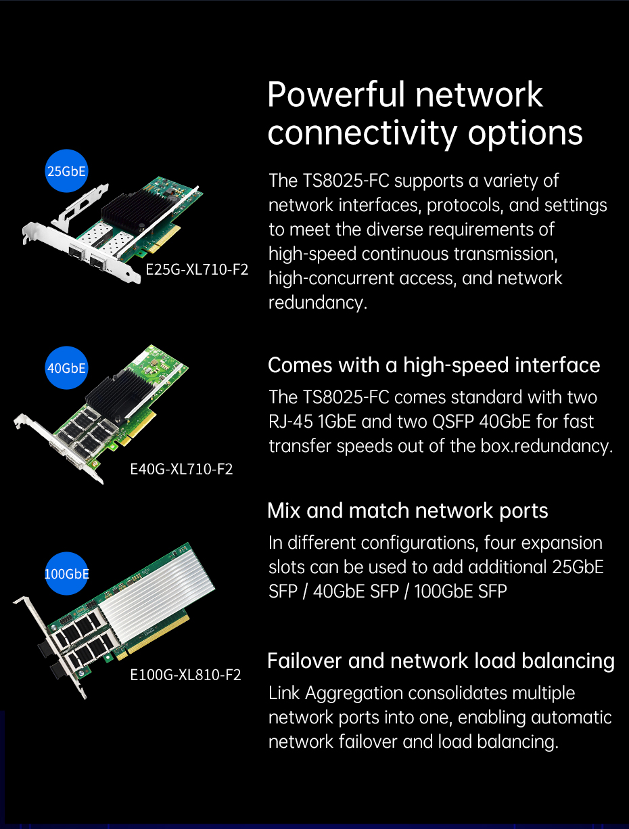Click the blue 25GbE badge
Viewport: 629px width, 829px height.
[66, 171]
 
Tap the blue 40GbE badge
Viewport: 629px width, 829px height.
[66, 367]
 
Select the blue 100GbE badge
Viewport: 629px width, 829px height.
[66, 573]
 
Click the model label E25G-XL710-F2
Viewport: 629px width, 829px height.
[197, 269]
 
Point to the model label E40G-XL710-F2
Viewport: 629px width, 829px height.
[181, 469]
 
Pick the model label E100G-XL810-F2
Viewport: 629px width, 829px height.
[185, 675]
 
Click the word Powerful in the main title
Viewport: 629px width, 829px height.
[336, 95]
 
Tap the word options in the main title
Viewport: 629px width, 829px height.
[526, 134]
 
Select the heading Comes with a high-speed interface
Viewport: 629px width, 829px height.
[434, 365]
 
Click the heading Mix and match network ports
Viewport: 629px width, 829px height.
[408, 511]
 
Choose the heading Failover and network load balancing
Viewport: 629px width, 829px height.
[441, 661]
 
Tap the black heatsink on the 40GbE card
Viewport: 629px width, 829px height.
[118, 394]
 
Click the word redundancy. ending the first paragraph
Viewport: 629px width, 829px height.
[318, 303]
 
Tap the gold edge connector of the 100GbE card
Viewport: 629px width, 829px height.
[153, 639]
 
